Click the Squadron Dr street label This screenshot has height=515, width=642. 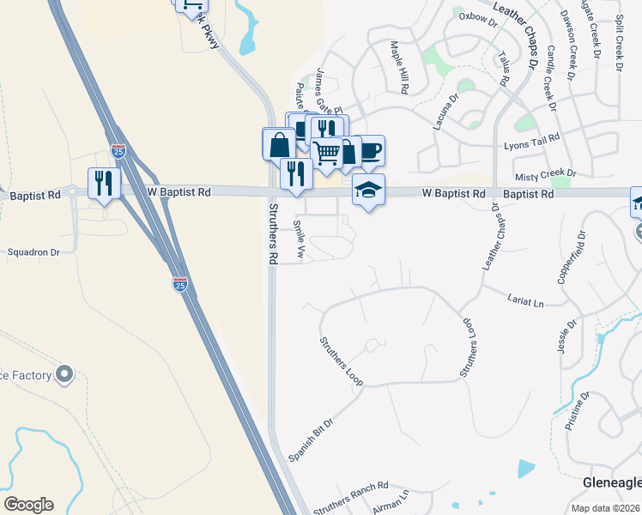(33, 252)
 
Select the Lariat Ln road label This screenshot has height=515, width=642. (527, 303)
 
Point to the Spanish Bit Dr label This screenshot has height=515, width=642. (311, 441)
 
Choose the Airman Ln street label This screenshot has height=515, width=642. (391, 502)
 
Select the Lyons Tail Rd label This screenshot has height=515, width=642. (531, 136)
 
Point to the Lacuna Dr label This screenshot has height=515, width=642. (447, 111)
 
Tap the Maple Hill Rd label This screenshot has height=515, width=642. (401, 67)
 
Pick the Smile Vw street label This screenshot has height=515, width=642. (300, 239)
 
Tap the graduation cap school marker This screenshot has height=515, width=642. (368, 190)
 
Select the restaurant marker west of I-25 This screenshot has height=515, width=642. (100, 183)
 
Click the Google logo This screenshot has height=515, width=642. (28, 505)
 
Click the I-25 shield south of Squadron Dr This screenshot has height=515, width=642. (180, 284)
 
